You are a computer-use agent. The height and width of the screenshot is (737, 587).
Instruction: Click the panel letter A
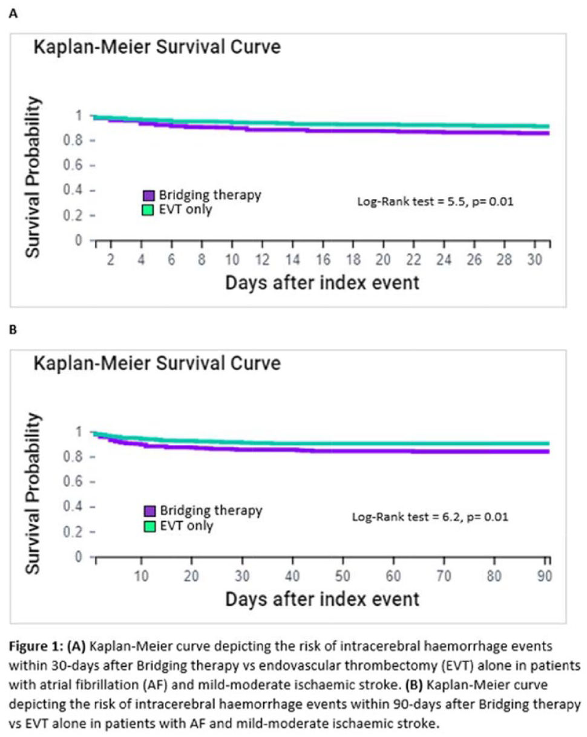click(13, 14)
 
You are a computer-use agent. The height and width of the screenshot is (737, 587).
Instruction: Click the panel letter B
click(13, 330)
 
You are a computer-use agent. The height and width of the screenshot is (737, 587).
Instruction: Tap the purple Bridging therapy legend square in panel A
click(148, 196)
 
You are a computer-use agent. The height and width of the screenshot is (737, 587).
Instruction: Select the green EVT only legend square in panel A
click(148, 210)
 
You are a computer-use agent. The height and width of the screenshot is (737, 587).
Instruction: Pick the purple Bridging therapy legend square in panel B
click(150, 511)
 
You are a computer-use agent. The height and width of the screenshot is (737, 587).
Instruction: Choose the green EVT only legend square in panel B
click(150, 526)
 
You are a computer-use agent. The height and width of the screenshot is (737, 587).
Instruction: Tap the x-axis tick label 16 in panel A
click(323, 260)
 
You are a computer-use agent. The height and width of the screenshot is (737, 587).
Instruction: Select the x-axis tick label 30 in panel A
click(534, 260)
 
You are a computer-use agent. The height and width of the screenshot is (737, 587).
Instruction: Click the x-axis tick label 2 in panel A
click(110, 260)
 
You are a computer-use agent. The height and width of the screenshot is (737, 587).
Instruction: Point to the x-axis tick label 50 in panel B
click(343, 576)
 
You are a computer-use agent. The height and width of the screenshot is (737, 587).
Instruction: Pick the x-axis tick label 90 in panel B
click(545, 576)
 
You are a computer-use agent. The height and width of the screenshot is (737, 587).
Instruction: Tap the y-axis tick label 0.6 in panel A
click(73, 165)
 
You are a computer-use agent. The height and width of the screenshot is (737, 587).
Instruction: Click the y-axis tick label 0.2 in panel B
click(73, 531)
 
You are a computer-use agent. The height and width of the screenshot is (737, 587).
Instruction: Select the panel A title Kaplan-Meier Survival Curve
click(157, 47)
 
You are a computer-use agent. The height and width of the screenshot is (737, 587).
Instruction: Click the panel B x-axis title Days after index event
click(323, 599)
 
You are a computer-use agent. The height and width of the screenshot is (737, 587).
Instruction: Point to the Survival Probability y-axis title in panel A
click(33, 177)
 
